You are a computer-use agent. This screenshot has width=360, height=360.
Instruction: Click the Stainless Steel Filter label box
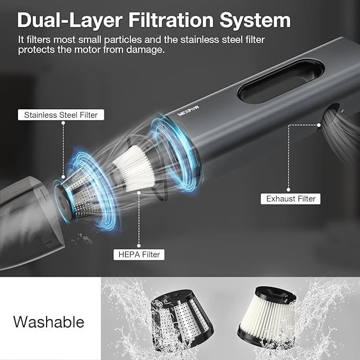tap(61, 115)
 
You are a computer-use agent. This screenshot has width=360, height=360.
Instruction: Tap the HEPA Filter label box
tap(139, 254)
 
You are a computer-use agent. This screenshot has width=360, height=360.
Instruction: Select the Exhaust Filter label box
tap(291, 199)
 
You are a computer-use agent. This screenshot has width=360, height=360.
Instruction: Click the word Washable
tap(49, 322)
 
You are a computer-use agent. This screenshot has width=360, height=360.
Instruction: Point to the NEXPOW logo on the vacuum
tap(188, 111)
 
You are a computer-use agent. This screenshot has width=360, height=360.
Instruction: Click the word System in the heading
tap(255, 21)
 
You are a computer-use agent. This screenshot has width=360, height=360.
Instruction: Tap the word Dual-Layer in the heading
tap(69, 21)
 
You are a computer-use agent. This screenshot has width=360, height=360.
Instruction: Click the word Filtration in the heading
tap(171, 20)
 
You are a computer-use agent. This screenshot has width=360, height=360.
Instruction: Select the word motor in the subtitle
tap(87, 50)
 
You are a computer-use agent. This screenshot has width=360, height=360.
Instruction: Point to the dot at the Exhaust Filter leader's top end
tap(319, 125)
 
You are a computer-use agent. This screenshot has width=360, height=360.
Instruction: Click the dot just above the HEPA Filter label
tap(139, 246)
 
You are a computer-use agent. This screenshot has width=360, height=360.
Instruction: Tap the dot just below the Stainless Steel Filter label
tap(63, 123)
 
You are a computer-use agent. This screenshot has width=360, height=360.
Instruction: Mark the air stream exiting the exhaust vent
tap(340, 131)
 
